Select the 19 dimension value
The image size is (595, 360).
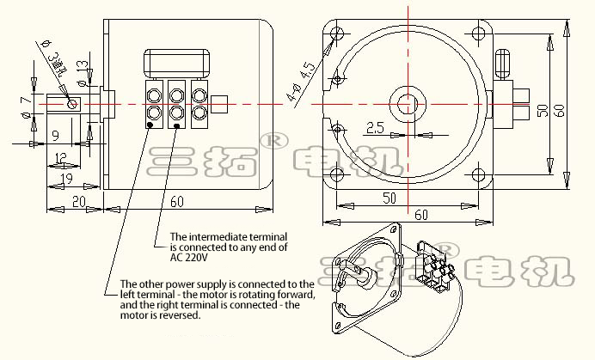[65, 177]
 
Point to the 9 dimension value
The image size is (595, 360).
[54, 135]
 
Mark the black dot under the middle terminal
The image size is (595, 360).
[177, 126]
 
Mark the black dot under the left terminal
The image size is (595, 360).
[150, 126]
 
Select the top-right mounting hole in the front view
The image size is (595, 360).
[477, 35]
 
